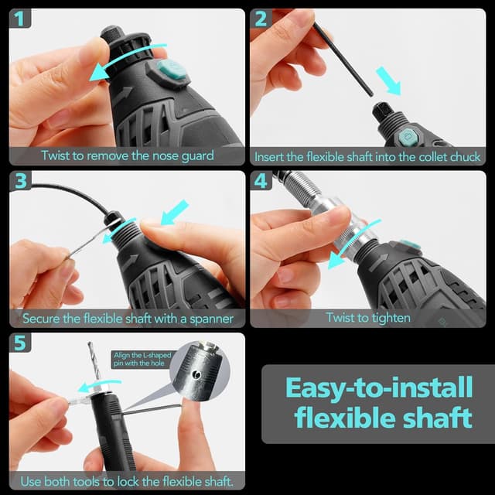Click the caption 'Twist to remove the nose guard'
click(127, 155)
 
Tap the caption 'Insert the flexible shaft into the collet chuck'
click(367, 156)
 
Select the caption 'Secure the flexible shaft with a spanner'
click(127, 318)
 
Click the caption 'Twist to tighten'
click(367, 318)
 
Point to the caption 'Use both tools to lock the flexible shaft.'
click(127, 480)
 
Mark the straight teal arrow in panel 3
click(175, 211)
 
